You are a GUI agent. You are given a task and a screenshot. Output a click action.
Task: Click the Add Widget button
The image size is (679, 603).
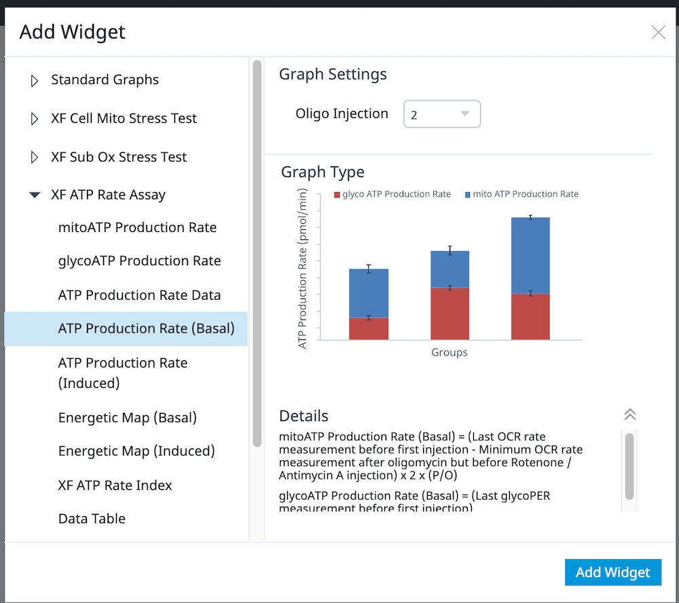pyautogui.click(x=612, y=572)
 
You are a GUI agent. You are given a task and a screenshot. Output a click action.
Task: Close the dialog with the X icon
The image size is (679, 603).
pyautogui.click(x=658, y=33)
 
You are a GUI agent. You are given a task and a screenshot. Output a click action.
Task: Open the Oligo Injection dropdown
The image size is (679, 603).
pyautogui.click(x=442, y=114)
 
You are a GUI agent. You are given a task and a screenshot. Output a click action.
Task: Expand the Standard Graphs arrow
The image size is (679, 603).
pyautogui.click(x=35, y=81)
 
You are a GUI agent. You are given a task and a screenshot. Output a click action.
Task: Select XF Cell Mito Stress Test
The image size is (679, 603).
pyautogui.click(x=124, y=119)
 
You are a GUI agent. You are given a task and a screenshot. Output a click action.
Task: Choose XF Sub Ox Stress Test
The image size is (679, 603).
pyautogui.click(x=119, y=157)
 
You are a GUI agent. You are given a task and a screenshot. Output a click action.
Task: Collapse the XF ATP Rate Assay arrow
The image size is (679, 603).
pyautogui.click(x=35, y=195)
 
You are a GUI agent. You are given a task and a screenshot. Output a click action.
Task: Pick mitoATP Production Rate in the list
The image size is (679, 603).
pyautogui.click(x=137, y=228)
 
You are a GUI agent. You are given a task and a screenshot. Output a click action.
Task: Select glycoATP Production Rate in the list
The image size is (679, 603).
pyautogui.click(x=139, y=261)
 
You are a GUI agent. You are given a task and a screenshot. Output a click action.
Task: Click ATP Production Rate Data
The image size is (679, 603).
pyautogui.click(x=139, y=295)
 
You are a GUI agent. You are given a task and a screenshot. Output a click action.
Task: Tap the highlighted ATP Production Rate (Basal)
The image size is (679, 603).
pyautogui.click(x=146, y=329)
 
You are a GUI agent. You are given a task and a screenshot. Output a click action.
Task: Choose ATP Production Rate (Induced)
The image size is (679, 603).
pyautogui.click(x=123, y=372)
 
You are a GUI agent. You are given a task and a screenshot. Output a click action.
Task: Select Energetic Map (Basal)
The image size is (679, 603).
pyautogui.click(x=128, y=418)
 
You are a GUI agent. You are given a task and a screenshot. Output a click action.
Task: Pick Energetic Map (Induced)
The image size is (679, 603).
pyautogui.click(x=136, y=451)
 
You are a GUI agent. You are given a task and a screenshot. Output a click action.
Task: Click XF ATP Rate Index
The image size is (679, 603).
pyautogui.click(x=115, y=486)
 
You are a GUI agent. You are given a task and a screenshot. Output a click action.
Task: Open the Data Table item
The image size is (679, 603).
pyautogui.click(x=92, y=519)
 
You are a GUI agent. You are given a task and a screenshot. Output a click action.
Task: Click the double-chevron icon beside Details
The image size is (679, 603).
pyautogui.click(x=629, y=415)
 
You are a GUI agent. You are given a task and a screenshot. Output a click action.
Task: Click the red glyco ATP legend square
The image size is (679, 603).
pyautogui.click(x=337, y=195)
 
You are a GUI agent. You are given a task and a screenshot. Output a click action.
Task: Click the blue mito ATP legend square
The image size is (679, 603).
pyautogui.click(x=468, y=195)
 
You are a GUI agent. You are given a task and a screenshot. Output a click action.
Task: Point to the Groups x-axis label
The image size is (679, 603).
pyautogui.click(x=449, y=353)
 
